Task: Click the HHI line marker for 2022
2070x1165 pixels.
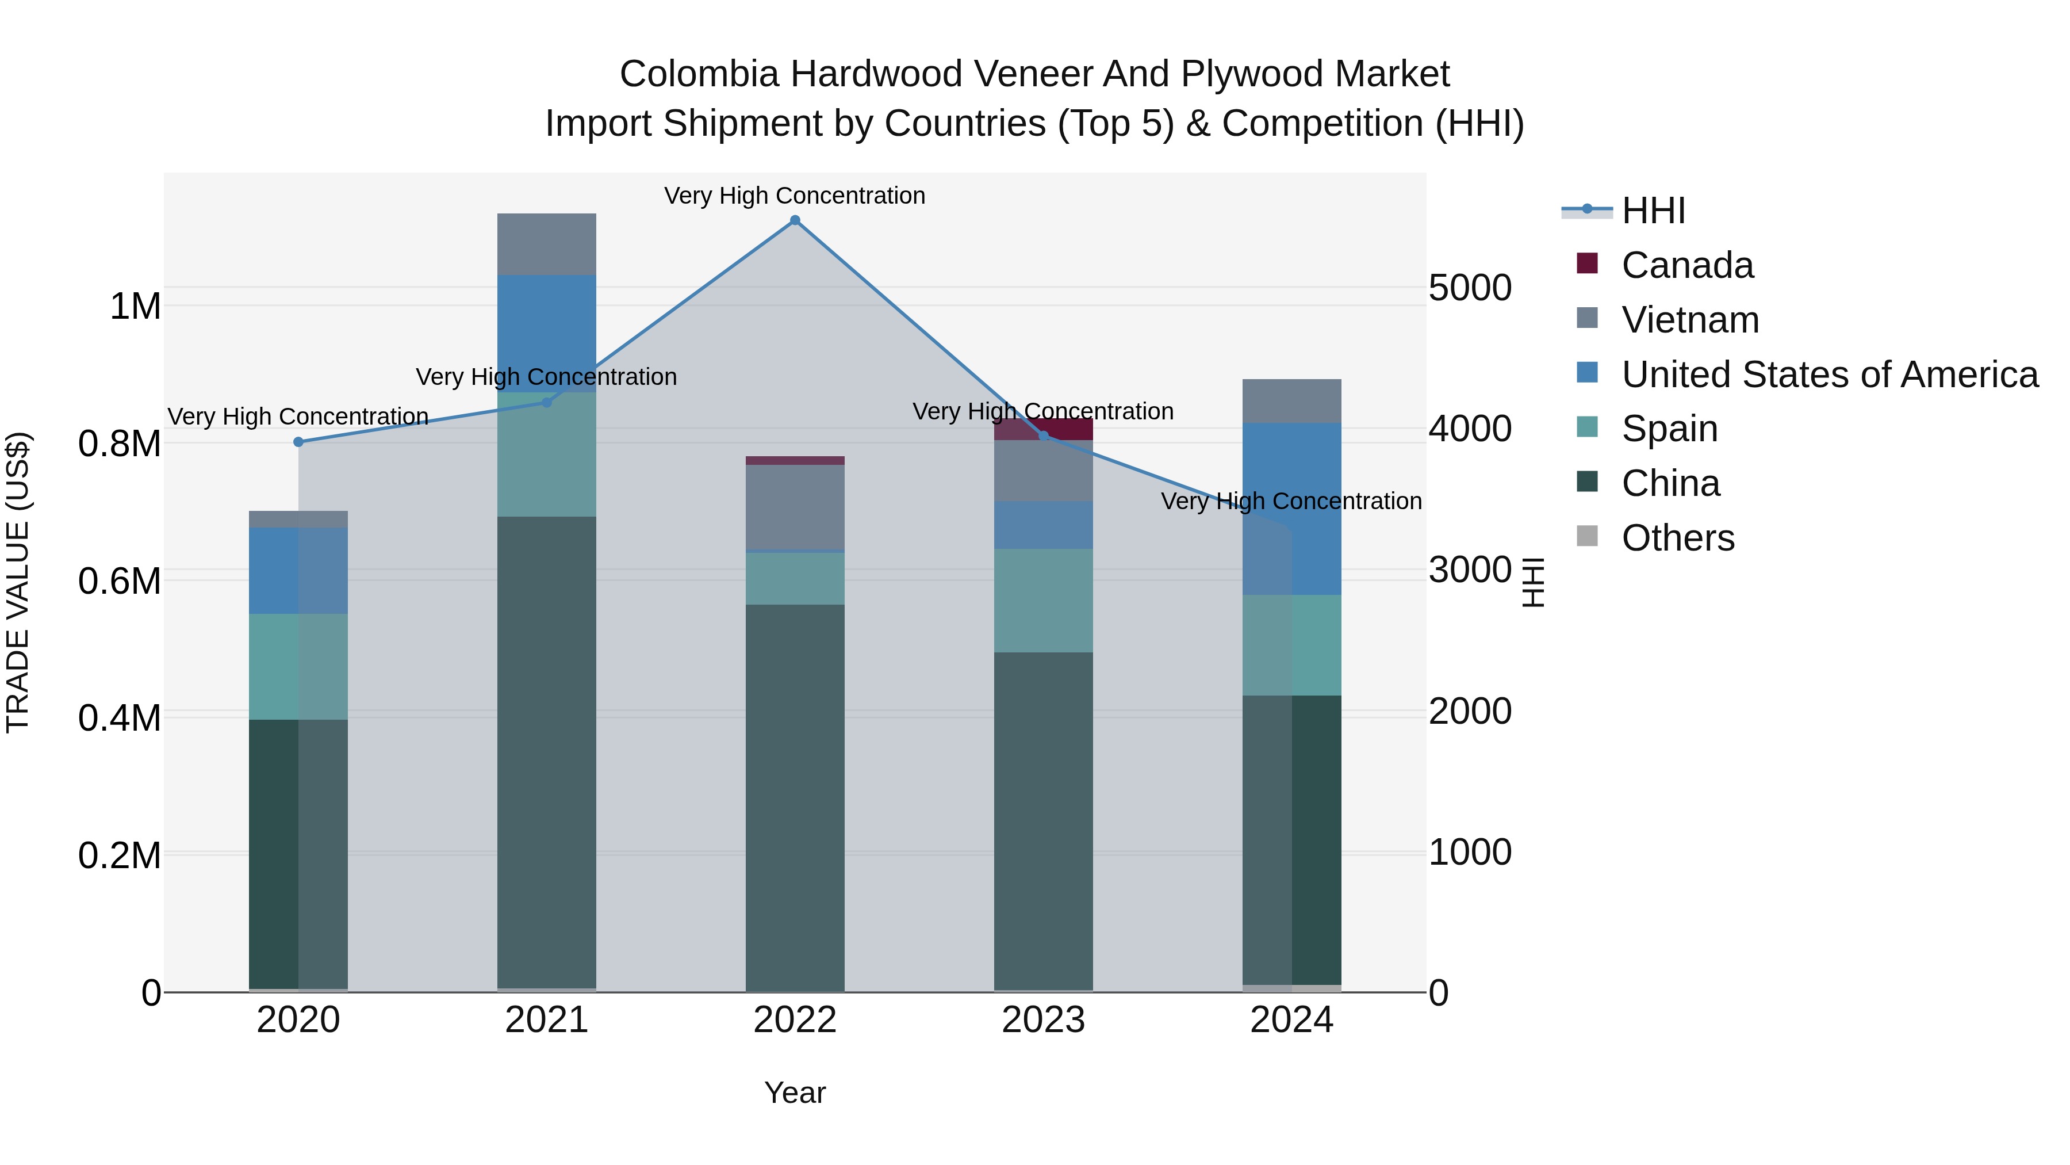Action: (795, 220)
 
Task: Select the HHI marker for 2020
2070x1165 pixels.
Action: (298, 441)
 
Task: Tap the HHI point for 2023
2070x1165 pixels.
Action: (1044, 436)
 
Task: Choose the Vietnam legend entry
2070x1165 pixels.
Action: (1690, 320)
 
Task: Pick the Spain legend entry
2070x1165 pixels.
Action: (1669, 429)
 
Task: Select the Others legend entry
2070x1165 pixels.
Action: (1678, 538)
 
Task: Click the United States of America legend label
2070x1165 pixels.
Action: (1830, 375)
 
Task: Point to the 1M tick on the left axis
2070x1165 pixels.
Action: (135, 306)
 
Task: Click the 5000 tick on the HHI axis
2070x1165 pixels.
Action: (1470, 288)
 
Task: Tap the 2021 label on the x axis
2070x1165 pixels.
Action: (546, 1020)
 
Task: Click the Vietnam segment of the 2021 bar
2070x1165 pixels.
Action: (546, 245)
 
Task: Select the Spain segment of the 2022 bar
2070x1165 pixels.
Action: (795, 579)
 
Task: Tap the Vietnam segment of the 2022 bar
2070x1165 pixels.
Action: (795, 506)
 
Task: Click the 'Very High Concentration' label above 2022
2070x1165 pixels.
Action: (794, 196)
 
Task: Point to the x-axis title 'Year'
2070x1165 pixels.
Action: (795, 1093)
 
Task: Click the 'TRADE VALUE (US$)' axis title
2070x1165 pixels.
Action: (18, 582)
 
